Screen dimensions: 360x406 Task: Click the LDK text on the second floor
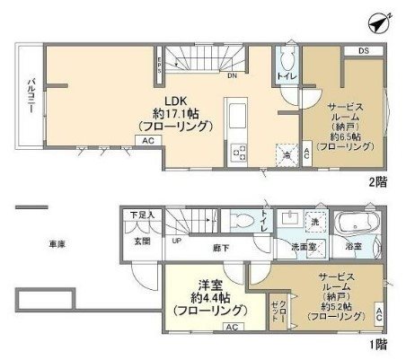[174, 100]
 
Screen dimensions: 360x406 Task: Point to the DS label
[364, 52]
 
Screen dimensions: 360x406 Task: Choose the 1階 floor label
[378, 343]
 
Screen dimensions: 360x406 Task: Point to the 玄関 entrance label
[143, 240]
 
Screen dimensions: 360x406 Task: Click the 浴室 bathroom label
[352, 244]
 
